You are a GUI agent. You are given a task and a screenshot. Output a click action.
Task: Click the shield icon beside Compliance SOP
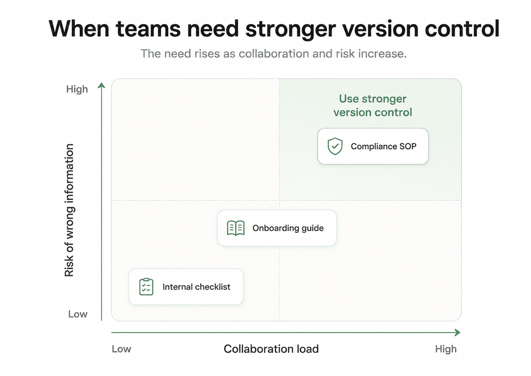coord(335,146)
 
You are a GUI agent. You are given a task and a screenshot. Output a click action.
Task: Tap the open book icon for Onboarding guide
coord(236,228)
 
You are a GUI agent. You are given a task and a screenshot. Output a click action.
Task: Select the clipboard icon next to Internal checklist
coord(146,287)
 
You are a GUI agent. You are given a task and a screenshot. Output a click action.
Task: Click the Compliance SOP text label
coord(384,146)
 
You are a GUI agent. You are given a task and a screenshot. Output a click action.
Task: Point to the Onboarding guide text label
coord(288,228)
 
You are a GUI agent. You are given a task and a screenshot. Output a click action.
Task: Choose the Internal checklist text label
coord(196,287)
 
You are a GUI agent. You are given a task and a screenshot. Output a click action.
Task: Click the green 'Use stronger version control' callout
coord(373,105)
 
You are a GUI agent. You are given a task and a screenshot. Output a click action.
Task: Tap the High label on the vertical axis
coord(77,89)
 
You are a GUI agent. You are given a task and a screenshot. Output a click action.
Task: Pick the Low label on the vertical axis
coord(78,314)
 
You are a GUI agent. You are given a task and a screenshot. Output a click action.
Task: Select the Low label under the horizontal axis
coord(121,349)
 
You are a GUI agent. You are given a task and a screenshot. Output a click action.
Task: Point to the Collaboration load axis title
coord(271,349)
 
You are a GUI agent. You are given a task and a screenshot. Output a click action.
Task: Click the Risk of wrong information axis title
coord(69,210)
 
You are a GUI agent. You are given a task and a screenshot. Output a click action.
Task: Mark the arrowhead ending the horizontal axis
coord(458,333)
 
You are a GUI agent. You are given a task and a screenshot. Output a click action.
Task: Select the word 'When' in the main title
coord(79,29)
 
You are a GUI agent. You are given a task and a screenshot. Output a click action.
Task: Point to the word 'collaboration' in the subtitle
coord(274,53)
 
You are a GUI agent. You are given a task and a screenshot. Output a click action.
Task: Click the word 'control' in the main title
coord(462,29)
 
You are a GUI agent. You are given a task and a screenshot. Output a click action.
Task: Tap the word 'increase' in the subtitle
coord(382,53)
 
